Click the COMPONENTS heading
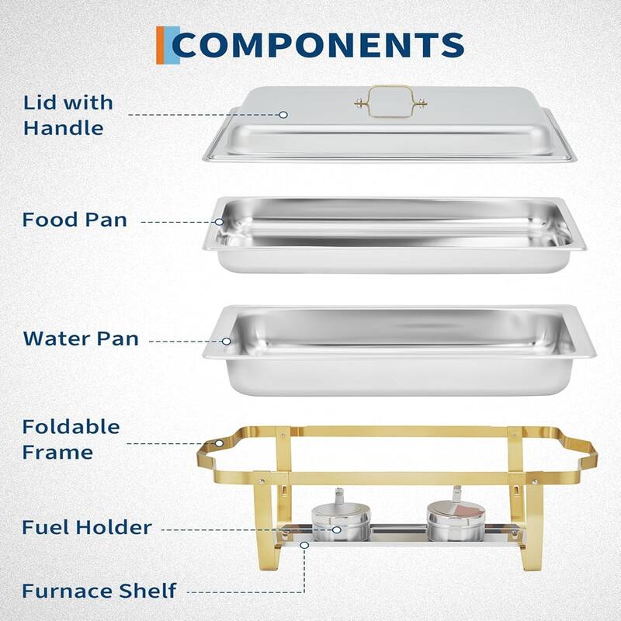point(318,46)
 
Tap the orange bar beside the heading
point(160,45)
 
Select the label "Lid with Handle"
point(68,115)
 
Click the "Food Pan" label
point(75,220)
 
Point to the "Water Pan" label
point(81,338)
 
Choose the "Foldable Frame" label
point(71,439)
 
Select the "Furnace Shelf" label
point(99,591)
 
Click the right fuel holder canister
point(456,520)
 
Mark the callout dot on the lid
point(283,114)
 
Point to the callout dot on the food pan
point(220,221)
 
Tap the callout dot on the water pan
point(227,340)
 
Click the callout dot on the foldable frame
point(219,444)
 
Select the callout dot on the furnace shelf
point(305,545)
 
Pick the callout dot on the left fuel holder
point(336,529)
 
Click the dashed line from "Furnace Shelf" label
point(248,592)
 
